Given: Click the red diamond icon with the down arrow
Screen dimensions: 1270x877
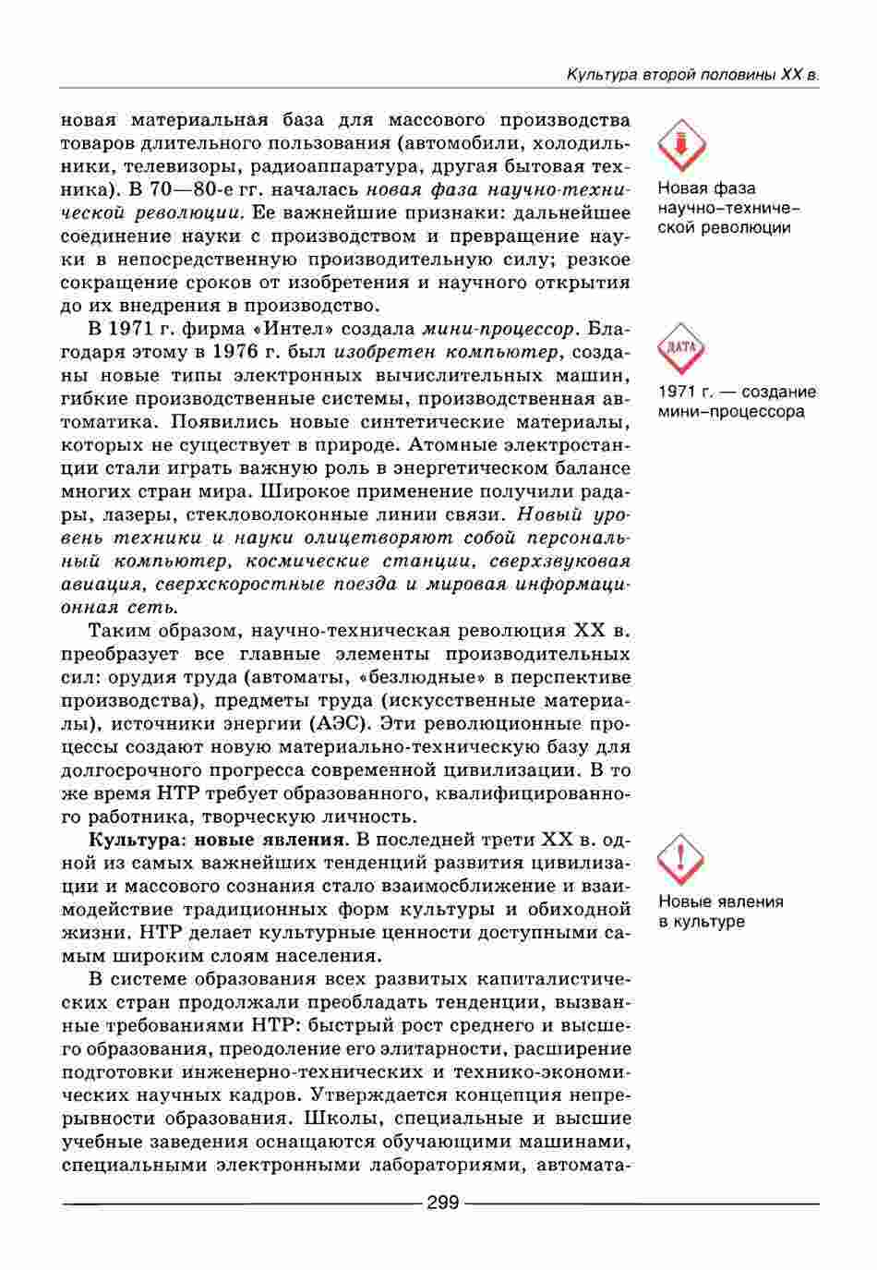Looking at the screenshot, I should [681, 145].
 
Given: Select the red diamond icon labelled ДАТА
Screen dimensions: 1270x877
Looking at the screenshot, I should [681, 348].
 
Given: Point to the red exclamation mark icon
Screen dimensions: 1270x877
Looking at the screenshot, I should [681, 858].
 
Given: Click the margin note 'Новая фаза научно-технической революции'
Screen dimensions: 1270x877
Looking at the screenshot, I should [725, 208].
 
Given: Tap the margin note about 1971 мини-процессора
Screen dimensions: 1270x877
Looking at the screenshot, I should [737, 401].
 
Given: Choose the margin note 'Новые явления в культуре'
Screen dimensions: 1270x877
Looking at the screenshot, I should [720, 912].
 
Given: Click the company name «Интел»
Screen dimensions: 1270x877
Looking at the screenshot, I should [297, 329].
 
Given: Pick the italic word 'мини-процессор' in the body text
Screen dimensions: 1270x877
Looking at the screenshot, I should [499, 329].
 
